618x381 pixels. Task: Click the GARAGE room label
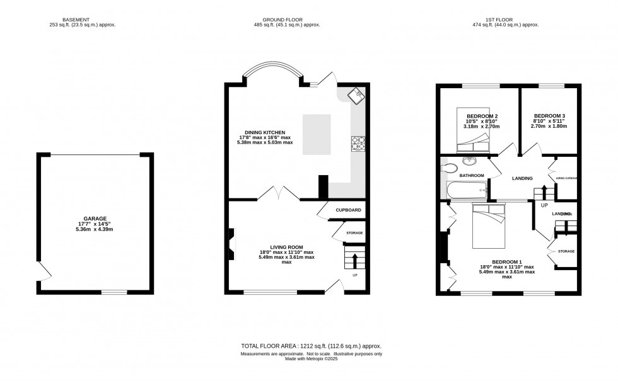[96, 219]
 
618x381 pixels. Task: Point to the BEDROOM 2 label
[482, 117]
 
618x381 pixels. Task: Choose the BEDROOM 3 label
[549, 116]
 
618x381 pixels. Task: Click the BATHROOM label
[472, 175]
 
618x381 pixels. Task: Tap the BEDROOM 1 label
[507, 262]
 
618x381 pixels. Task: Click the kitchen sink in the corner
[356, 96]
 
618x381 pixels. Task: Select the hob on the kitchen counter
[358, 144]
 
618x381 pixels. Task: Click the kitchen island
[318, 134]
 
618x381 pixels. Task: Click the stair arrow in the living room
[354, 259]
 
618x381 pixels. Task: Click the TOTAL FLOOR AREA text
[311, 346]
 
